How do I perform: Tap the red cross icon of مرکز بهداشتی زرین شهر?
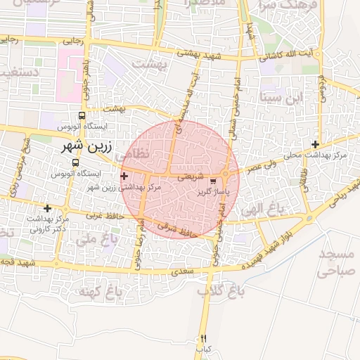point(124,176)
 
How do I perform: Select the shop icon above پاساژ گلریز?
point(213,181)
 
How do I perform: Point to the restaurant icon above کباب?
point(204,337)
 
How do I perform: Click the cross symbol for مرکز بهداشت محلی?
point(316,144)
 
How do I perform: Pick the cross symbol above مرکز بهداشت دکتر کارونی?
point(47,208)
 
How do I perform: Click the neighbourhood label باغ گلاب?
point(214,290)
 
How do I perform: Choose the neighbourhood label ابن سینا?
point(284,96)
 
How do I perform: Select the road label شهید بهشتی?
point(198,53)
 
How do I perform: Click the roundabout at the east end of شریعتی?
point(225,174)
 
